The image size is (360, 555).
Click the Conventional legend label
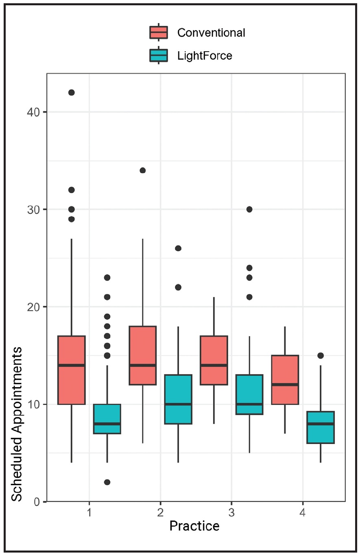pyautogui.click(x=211, y=33)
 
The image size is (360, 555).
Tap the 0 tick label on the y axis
pyautogui.click(x=36, y=502)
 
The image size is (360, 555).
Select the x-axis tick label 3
pyautogui.click(x=231, y=513)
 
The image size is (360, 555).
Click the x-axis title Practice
pyautogui.click(x=194, y=526)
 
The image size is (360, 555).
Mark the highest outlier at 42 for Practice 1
pyautogui.click(x=72, y=92)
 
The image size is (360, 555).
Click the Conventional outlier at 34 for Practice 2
pyautogui.click(x=143, y=170)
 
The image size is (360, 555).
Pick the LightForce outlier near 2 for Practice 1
pyautogui.click(x=107, y=482)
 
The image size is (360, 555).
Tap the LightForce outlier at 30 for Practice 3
pyautogui.click(x=249, y=209)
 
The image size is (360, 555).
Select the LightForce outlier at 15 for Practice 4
pyautogui.click(x=321, y=355)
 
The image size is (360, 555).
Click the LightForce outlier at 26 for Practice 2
pyautogui.click(x=178, y=248)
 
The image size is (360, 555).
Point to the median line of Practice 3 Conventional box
pyautogui.click(x=214, y=365)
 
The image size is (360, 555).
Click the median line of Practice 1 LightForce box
pyautogui.click(x=107, y=424)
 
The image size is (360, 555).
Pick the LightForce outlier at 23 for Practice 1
pyautogui.click(x=107, y=278)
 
